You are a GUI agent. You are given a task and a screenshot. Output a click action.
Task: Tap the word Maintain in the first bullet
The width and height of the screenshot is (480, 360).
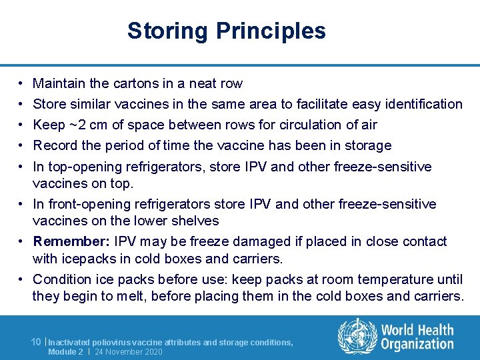pyautogui.click(x=59, y=83)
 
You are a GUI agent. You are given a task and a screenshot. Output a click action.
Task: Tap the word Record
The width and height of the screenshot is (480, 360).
pyautogui.click(x=55, y=145)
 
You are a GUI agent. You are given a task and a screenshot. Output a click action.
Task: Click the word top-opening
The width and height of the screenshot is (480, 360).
pyautogui.click(x=87, y=167)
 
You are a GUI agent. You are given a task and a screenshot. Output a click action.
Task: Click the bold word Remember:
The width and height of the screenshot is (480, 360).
pyautogui.click(x=71, y=241)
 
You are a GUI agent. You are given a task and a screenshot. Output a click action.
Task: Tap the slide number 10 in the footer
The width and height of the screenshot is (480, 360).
pyautogui.click(x=37, y=342)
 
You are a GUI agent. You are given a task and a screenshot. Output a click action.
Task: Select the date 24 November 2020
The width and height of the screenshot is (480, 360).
pyautogui.click(x=128, y=351)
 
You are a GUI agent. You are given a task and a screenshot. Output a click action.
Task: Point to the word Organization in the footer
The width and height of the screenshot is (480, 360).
pyautogui.click(x=417, y=345)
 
